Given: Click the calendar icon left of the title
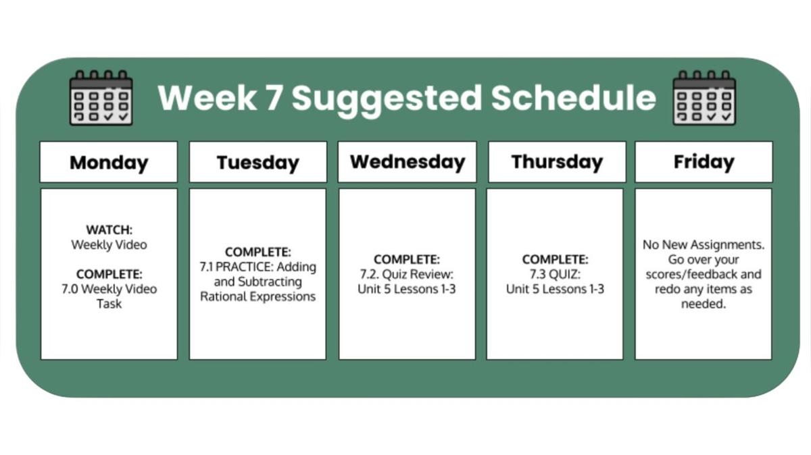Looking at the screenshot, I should coord(101,98).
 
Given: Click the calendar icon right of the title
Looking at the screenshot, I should coord(704,98).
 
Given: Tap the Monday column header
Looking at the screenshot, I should coord(109,162).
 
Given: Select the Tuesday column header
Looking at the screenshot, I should coord(257,162).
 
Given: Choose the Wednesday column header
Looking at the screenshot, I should coord(407,162).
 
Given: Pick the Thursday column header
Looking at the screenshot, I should coord(556,162).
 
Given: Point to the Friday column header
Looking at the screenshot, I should coord(704,162).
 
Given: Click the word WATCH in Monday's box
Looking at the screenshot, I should coord(108,230).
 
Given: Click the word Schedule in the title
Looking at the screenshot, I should coord(573,98).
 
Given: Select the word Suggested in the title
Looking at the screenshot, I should coord(386,99).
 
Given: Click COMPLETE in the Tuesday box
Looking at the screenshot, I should coord(257,252).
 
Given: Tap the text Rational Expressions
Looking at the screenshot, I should coord(257,296).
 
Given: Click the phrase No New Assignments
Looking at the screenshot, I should coord(703,244).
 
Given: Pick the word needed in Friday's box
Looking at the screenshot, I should coord(703,304).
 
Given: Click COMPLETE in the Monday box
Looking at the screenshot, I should coord(109,274).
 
